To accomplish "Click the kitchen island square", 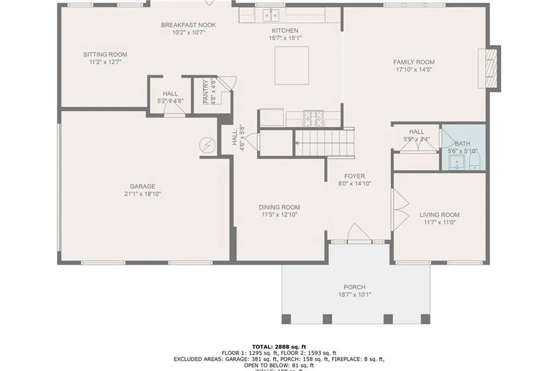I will (x=292, y=65).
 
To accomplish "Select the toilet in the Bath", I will (x=474, y=161).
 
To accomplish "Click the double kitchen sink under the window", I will (x=269, y=14).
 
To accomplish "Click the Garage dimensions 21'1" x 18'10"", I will (x=142, y=194).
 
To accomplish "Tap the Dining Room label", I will (x=279, y=207).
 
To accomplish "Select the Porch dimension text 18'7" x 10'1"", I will (x=354, y=295).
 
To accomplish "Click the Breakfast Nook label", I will (x=188, y=25).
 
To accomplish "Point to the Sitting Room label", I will (x=105, y=54).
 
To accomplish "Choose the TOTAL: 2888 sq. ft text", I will (x=278, y=346).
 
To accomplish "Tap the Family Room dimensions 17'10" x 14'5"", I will (x=414, y=70).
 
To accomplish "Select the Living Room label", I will (x=439, y=215).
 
